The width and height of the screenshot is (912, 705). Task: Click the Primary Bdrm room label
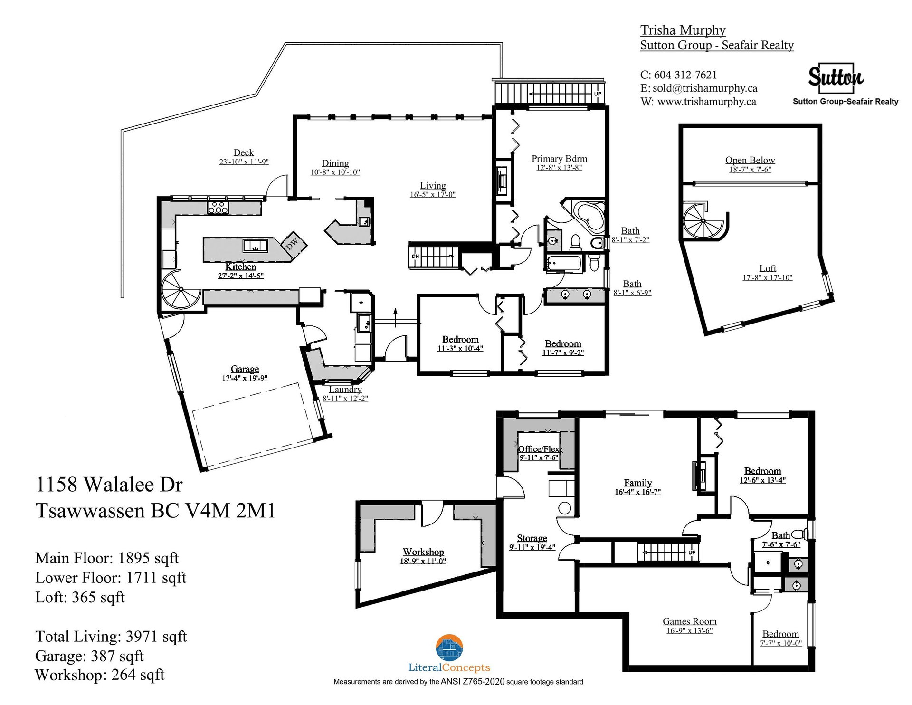pyautogui.click(x=559, y=159)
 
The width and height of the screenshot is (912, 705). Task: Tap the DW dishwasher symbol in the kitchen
pyautogui.click(x=292, y=243)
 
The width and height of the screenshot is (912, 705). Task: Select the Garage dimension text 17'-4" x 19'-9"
pyautogui.click(x=245, y=378)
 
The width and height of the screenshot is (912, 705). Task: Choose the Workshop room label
pyautogui.click(x=423, y=552)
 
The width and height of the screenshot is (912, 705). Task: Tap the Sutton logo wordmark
pyautogui.click(x=836, y=77)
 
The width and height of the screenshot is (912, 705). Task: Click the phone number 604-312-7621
pyautogui.click(x=685, y=75)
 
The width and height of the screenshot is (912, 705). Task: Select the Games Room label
pyautogui.click(x=690, y=621)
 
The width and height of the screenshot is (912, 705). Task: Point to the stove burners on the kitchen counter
pyautogui.click(x=218, y=207)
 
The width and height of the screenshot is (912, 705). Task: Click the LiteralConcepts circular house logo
pyautogui.click(x=449, y=648)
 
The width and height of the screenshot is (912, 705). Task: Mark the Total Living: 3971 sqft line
pyautogui.click(x=111, y=637)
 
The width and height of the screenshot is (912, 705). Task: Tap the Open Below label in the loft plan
pyautogui.click(x=750, y=160)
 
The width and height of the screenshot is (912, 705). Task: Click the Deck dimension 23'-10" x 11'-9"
pyautogui.click(x=244, y=162)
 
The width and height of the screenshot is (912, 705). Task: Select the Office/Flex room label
pyautogui.click(x=539, y=449)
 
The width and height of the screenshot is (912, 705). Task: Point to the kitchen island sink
pyautogui.click(x=255, y=246)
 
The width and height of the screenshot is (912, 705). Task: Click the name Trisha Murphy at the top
pyautogui.click(x=683, y=30)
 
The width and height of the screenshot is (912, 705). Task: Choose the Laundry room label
pyautogui.click(x=345, y=390)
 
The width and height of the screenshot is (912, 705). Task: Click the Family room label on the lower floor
pyautogui.click(x=637, y=483)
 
